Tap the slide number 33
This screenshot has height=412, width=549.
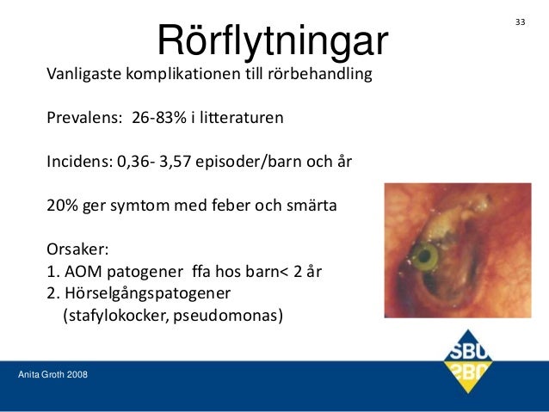[520, 21]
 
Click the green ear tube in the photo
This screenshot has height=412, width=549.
[424, 255]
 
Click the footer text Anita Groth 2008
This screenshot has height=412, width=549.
[52, 375]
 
